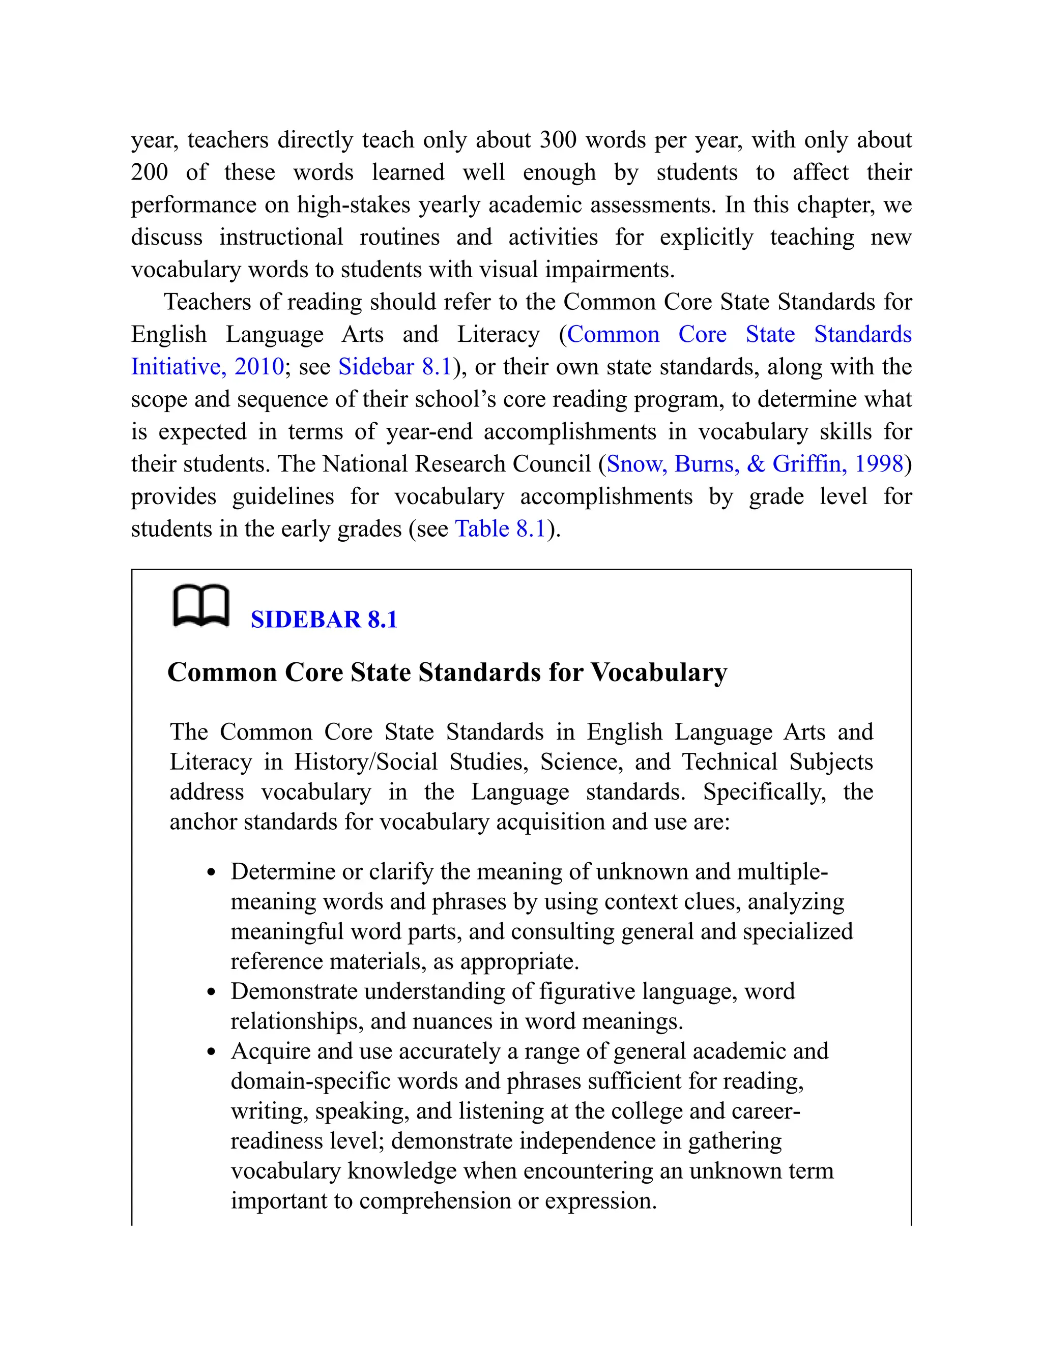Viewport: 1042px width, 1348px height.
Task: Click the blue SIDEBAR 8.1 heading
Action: (x=324, y=620)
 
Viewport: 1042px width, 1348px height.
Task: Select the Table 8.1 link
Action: (x=501, y=529)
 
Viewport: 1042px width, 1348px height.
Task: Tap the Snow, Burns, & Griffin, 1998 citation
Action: (x=755, y=464)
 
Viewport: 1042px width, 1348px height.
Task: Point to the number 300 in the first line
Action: (x=558, y=140)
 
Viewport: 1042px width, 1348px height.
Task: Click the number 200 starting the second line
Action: (x=150, y=172)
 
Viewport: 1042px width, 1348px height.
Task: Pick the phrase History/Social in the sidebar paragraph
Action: (x=365, y=763)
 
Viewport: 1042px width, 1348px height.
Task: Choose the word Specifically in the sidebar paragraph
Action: (x=764, y=792)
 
